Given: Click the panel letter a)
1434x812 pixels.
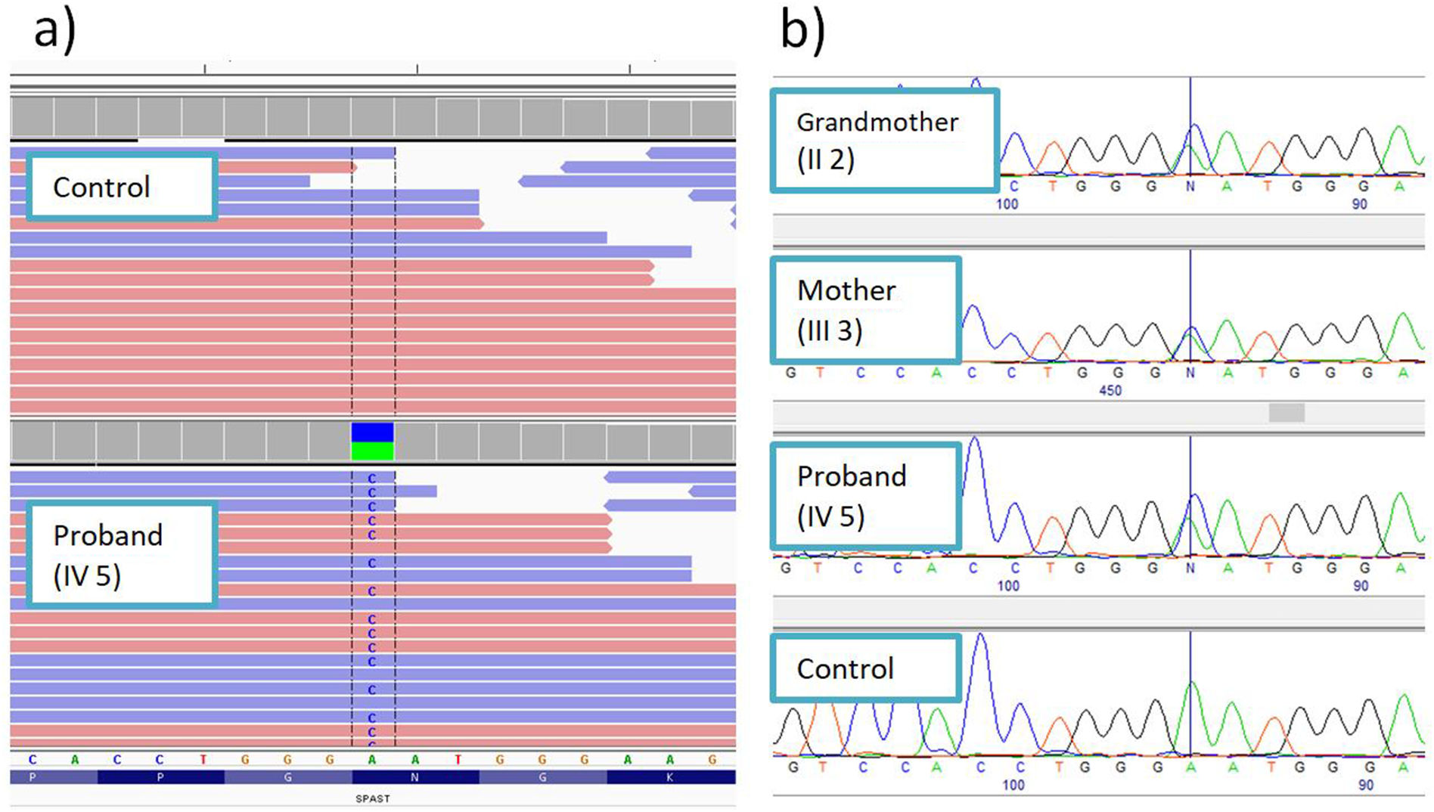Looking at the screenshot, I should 54,32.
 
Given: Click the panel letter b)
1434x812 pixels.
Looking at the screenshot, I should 802,32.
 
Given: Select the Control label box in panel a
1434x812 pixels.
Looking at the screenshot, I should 122,187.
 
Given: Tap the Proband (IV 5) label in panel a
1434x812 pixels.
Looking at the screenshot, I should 122,555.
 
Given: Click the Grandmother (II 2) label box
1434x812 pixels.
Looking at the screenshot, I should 885,140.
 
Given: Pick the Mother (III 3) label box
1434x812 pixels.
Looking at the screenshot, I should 866,310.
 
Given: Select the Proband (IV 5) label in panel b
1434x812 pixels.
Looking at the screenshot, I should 866,496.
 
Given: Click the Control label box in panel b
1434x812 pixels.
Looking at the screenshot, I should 866,668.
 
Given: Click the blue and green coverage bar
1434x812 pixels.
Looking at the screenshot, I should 372,442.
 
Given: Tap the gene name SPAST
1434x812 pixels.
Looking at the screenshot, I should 372,798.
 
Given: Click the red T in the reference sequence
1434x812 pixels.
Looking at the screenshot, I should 203,759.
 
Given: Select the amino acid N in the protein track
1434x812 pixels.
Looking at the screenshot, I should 414,777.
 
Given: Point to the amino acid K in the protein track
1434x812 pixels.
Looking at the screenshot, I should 670,777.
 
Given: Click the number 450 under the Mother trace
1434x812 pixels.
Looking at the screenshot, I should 1110,390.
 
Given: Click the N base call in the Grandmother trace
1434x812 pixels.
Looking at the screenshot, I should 1190,186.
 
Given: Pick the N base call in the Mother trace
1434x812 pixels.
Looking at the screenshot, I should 1190,373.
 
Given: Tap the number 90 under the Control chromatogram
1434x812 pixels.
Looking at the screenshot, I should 1365,785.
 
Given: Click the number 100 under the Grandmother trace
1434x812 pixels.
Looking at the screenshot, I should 1007,204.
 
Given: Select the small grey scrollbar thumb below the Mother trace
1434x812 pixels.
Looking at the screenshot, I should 1286,412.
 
